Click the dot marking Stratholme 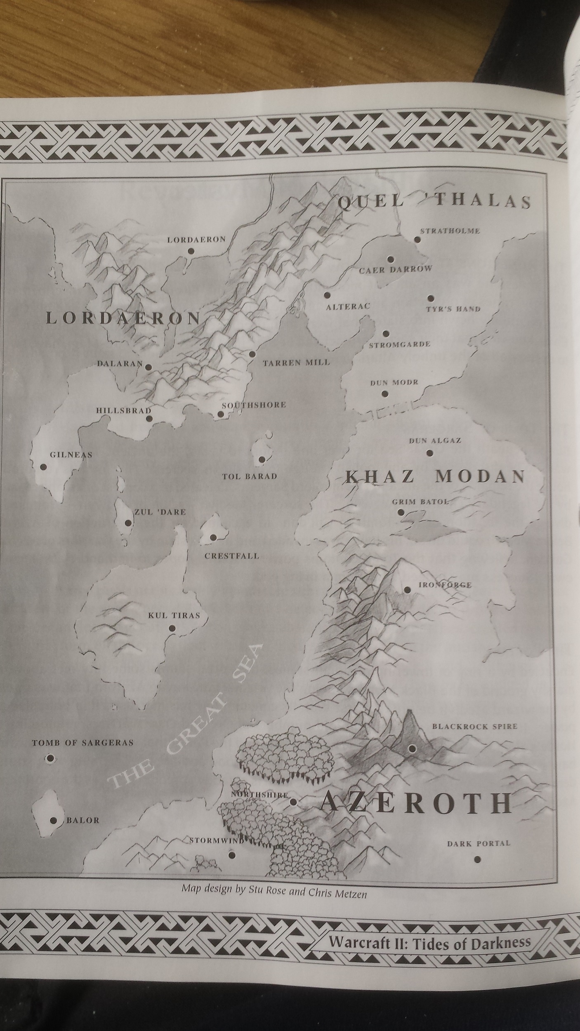click(x=417, y=240)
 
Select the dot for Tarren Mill click(x=252, y=354)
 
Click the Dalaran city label click(x=120, y=364)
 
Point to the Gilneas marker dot click(x=43, y=467)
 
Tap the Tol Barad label click(x=249, y=476)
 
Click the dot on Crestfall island click(x=213, y=537)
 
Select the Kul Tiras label click(x=174, y=616)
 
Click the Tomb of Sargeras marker click(x=50, y=758)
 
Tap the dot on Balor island click(x=53, y=820)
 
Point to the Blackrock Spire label click(x=474, y=726)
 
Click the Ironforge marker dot click(x=407, y=590)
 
